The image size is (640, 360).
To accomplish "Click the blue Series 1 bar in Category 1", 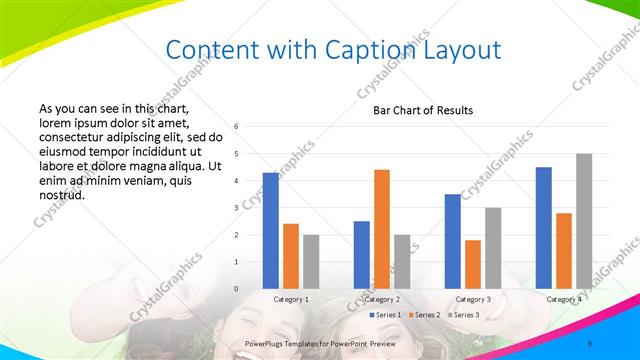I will pos(271,231).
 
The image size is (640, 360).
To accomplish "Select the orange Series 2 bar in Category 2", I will pos(381,229).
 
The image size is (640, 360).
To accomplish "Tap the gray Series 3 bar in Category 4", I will pos(584,221).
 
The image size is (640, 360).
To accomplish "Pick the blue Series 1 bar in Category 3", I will pos(452,241).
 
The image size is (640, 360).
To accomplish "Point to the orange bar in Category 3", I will pos(472,264).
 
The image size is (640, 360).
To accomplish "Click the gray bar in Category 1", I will pos(311,262).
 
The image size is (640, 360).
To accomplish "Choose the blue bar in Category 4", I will pos(543,228).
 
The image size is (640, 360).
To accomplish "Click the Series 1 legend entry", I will pos(385,315).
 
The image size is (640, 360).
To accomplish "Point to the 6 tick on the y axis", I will pos(236,127).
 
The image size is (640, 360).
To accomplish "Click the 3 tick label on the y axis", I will pos(236,208).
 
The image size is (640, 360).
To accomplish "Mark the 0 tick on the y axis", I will pos(236,289).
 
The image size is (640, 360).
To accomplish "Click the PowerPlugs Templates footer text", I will pos(320,343).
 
